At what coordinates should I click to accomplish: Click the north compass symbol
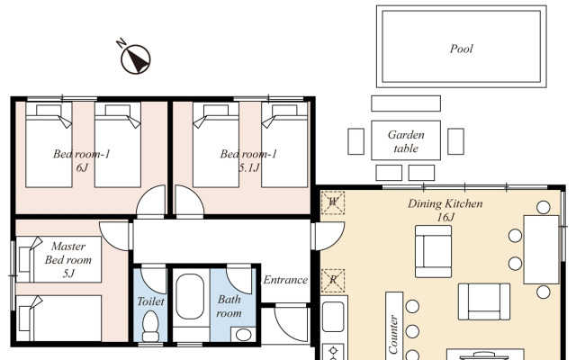point(136,58)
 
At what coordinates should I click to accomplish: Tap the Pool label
point(462,49)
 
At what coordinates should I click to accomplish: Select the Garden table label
point(406,141)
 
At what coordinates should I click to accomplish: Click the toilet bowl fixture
point(150,326)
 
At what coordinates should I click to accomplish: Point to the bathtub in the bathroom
point(190,296)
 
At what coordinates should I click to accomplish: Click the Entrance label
point(285,280)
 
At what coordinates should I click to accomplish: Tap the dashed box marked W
point(333,202)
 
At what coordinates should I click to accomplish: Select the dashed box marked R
point(333,281)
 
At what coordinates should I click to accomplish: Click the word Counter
point(393,334)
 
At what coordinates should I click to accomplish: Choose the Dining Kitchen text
point(445,203)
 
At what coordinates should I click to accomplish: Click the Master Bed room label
point(68,253)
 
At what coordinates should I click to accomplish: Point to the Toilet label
point(150,301)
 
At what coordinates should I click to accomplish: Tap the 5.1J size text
point(249,167)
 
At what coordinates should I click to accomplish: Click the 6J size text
point(82,167)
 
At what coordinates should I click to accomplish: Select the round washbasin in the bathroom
point(242,335)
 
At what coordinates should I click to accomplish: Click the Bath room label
point(229,306)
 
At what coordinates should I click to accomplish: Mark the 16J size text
point(445,217)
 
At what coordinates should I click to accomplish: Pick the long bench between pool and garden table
point(406,103)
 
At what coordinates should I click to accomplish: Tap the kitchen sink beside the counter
point(334,317)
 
